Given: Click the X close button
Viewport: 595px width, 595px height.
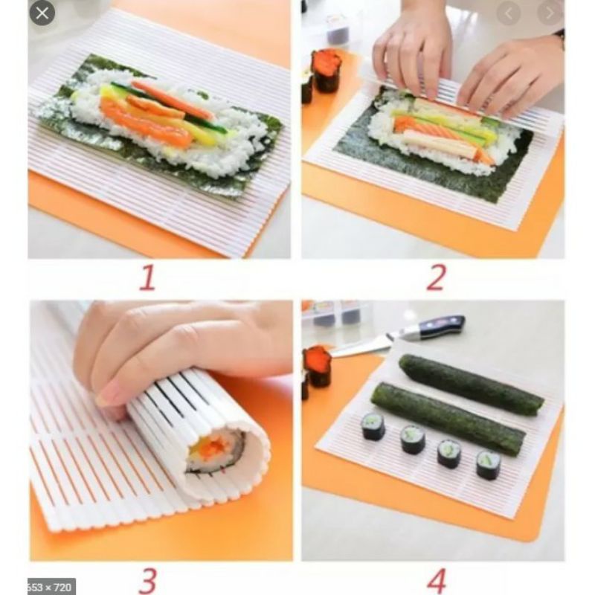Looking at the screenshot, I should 42,13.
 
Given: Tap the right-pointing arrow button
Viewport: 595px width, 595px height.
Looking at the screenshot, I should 551,13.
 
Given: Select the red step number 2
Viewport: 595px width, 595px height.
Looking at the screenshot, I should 435,277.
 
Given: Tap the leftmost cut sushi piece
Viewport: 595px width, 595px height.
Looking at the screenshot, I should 373,426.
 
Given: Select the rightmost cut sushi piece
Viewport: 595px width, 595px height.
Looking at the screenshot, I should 489,464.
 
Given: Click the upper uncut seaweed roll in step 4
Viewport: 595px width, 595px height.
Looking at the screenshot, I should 471,385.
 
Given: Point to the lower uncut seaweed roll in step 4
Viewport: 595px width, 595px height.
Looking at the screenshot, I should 446,418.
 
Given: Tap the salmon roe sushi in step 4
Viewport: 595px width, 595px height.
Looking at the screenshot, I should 318,365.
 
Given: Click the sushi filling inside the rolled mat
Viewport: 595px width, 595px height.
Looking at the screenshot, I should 212,450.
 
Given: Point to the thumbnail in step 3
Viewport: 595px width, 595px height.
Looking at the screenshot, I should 105,393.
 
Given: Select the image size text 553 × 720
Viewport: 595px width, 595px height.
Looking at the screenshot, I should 51,586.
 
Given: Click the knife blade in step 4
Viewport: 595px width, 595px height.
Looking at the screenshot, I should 367,343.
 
